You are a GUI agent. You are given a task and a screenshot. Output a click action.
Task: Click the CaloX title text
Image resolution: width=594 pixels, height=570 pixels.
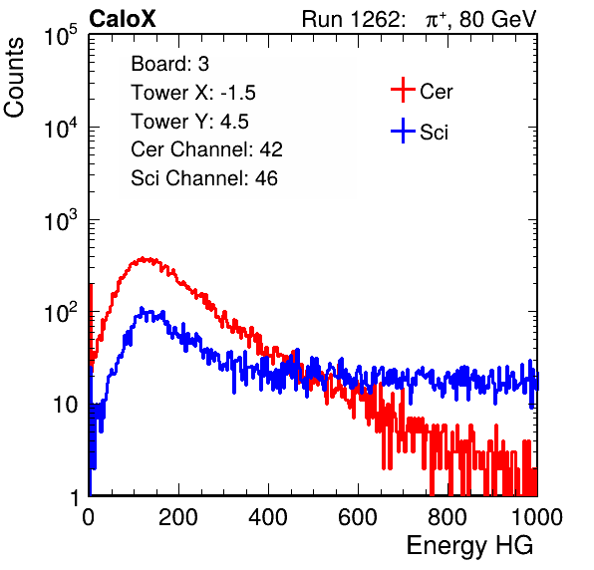[122, 19]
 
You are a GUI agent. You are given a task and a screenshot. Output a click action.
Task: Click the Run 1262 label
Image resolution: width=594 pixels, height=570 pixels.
[351, 19]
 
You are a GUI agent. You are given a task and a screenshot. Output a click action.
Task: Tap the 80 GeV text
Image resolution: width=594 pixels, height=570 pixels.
[497, 19]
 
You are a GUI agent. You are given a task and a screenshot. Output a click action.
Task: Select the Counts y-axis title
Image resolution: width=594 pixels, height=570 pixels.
[14, 78]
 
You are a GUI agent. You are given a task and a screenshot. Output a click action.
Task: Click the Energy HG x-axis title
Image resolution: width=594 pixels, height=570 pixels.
[469, 546]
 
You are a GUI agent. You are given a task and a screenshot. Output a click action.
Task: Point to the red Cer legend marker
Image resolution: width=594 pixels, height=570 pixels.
[403, 90]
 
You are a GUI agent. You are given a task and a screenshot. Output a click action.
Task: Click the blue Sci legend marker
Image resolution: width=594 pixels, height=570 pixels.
[403, 131]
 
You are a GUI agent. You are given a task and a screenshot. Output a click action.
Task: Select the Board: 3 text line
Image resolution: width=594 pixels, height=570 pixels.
[169, 64]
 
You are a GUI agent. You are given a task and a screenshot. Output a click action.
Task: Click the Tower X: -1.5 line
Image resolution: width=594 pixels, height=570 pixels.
[193, 93]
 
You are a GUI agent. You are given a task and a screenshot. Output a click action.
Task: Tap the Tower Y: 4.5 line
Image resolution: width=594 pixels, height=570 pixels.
[189, 122]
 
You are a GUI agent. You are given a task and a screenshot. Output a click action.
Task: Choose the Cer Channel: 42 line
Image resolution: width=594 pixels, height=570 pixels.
[206, 149]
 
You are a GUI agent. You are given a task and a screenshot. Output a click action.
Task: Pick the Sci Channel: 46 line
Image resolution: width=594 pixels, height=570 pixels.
[204, 178]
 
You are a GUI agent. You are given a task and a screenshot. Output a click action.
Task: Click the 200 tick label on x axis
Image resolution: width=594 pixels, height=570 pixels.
[178, 517]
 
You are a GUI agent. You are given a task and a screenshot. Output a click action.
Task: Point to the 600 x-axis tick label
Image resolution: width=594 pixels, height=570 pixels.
[358, 517]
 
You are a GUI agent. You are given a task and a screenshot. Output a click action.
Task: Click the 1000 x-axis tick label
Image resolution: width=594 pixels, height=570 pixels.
[537, 517]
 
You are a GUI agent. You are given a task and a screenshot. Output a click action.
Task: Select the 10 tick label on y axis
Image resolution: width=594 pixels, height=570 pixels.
[66, 405]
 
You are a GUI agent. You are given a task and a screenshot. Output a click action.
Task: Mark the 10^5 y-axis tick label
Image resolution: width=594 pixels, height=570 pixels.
[62, 35]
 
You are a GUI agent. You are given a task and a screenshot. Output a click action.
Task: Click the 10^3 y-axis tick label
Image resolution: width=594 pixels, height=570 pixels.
[62, 220]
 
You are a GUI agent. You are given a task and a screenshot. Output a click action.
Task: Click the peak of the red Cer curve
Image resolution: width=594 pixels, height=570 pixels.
[143, 259]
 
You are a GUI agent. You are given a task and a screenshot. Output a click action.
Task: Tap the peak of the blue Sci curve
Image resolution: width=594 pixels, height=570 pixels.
[142, 309]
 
